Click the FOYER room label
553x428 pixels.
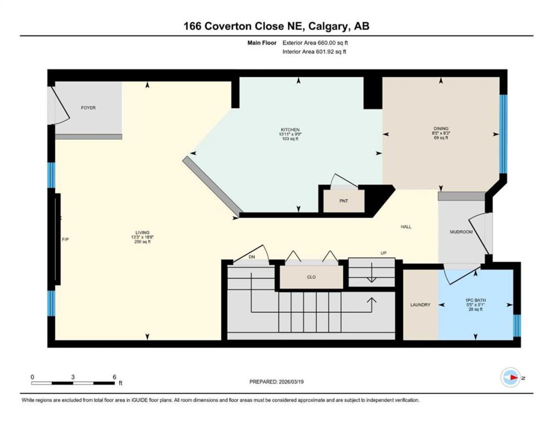pos(88,108)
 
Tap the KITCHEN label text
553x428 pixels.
pos(290,130)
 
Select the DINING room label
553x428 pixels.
pos(441,128)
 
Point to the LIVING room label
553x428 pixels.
pos(142,233)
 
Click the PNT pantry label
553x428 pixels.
pos(343,201)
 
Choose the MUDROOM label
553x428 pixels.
pos(461,232)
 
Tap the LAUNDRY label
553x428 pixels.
pos(420,305)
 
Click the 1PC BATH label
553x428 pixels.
pos(475,300)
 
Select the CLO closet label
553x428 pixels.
pos(311,277)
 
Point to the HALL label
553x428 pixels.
pos(406,227)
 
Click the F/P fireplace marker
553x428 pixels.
pos(65,239)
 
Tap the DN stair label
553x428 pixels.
pos(252,257)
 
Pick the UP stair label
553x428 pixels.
pos(383,253)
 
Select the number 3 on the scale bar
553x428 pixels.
pos(73,377)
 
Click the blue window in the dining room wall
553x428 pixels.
pos(503,134)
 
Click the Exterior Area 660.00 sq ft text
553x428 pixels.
pos(315,43)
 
